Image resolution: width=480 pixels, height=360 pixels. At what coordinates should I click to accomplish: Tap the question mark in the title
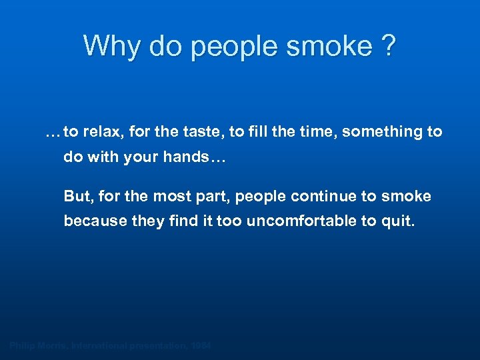coord(387,46)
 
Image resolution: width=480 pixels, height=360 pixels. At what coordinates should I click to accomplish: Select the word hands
coord(200,158)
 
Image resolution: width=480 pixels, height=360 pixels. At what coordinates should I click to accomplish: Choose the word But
coord(76,197)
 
